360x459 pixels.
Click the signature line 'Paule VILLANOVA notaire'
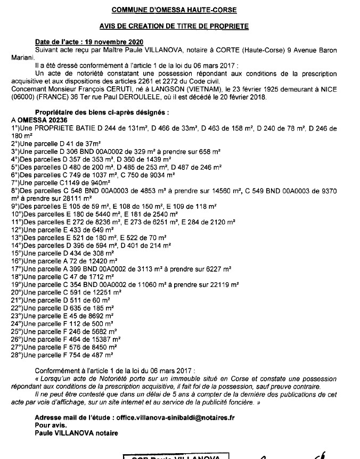coord(76,433)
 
